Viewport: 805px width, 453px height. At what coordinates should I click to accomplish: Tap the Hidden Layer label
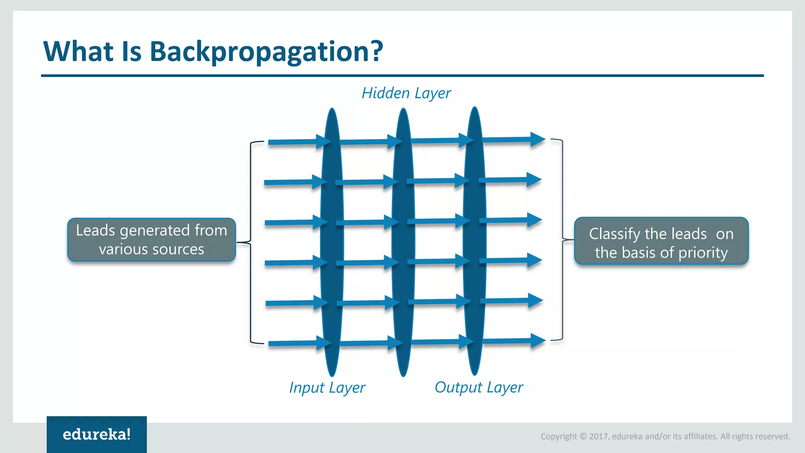tap(406, 93)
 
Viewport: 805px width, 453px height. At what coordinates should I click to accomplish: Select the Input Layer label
tap(327, 388)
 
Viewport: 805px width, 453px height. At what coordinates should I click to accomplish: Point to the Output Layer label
tap(478, 387)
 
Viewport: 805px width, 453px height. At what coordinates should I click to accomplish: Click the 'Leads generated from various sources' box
tap(151, 239)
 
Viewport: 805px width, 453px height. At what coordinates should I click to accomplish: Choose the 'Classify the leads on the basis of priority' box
tap(661, 241)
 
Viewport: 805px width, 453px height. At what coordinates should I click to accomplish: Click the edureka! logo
tap(97, 434)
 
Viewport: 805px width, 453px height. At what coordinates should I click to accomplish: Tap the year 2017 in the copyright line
tap(599, 436)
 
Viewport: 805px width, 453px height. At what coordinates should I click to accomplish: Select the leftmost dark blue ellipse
tap(332, 242)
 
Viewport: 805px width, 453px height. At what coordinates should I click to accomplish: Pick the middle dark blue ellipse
tap(403, 242)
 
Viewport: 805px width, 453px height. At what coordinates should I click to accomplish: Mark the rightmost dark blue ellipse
tap(475, 241)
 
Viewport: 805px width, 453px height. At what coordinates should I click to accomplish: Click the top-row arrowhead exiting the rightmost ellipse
tap(537, 139)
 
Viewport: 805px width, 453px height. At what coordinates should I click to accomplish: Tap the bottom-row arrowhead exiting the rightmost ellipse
tap(537, 341)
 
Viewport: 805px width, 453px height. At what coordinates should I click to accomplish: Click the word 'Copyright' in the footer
tap(559, 436)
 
